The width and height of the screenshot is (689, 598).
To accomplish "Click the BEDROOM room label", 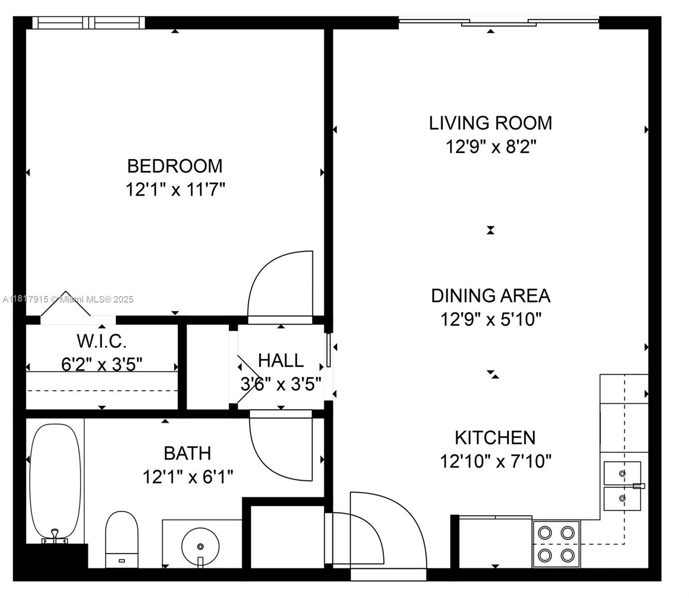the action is pos(175,166).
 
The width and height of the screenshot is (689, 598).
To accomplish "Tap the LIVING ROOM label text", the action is pos(490,123).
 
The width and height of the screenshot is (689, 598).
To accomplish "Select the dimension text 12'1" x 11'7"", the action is pos(175,189).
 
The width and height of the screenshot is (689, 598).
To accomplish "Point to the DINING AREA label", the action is pos(491,296).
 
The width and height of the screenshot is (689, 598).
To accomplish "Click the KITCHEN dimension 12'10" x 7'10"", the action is pos(495,461).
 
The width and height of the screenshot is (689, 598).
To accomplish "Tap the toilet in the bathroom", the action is pos(121,539).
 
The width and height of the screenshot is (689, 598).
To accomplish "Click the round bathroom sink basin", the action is pos(200,547).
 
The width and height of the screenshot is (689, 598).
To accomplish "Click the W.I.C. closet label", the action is pos(102,341).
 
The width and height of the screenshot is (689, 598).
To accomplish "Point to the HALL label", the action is pos(281,360).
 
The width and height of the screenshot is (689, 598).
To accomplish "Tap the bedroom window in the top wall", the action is pos(89,23).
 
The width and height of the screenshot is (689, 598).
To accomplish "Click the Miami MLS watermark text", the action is pos(68,299).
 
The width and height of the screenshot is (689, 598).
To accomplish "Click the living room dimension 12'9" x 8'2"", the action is pos(491,146).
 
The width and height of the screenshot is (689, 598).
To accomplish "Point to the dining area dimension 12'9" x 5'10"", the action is pos(491,319).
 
